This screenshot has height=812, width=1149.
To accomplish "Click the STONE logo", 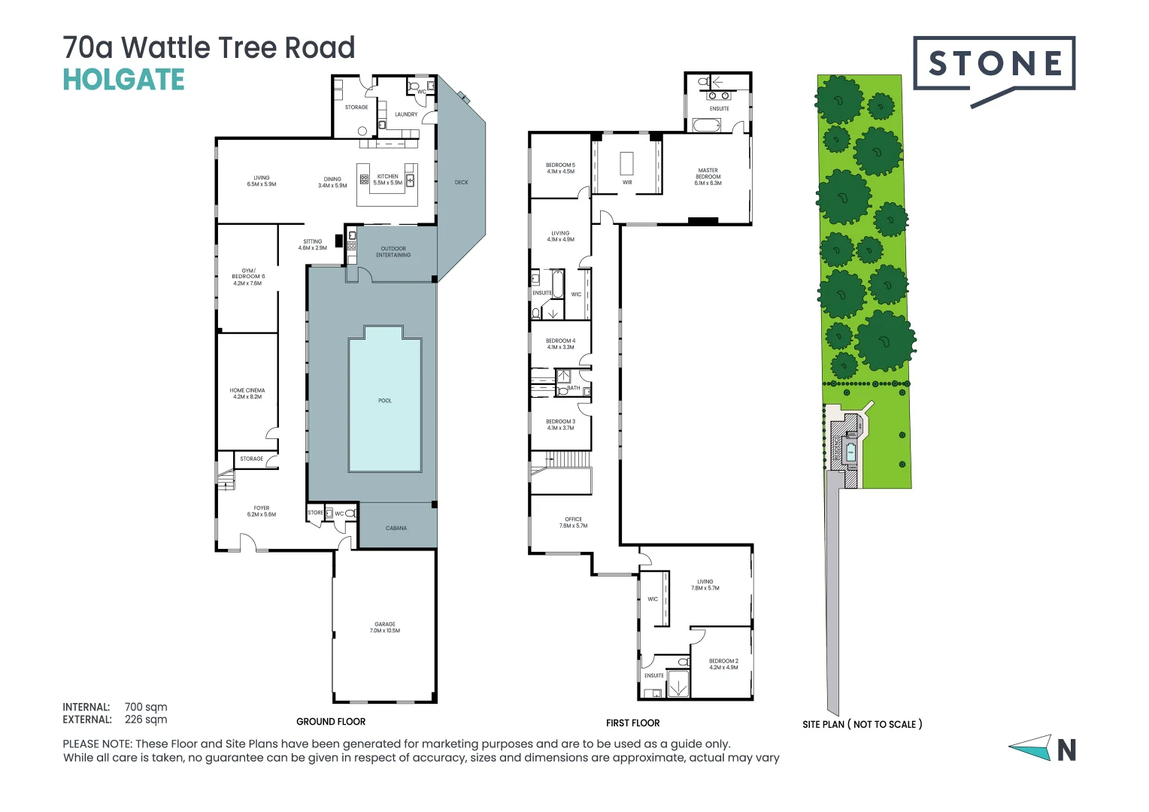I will [994, 65].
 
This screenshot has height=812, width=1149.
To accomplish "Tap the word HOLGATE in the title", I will [123, 80].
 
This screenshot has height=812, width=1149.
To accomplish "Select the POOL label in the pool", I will [385, 401].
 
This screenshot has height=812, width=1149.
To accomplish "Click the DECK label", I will [461, 182].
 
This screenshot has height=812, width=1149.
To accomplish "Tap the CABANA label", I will [396, 528].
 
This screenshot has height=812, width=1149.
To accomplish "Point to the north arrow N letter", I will [1066, 750].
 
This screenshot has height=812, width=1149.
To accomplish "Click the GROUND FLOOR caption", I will [331, 722].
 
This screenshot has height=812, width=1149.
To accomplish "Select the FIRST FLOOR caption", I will [632, 723].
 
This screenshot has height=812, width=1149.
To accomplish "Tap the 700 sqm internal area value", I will [146, 707].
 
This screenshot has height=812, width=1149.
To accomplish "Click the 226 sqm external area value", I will [146, 720].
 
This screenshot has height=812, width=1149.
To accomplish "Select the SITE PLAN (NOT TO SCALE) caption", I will [862, 724].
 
